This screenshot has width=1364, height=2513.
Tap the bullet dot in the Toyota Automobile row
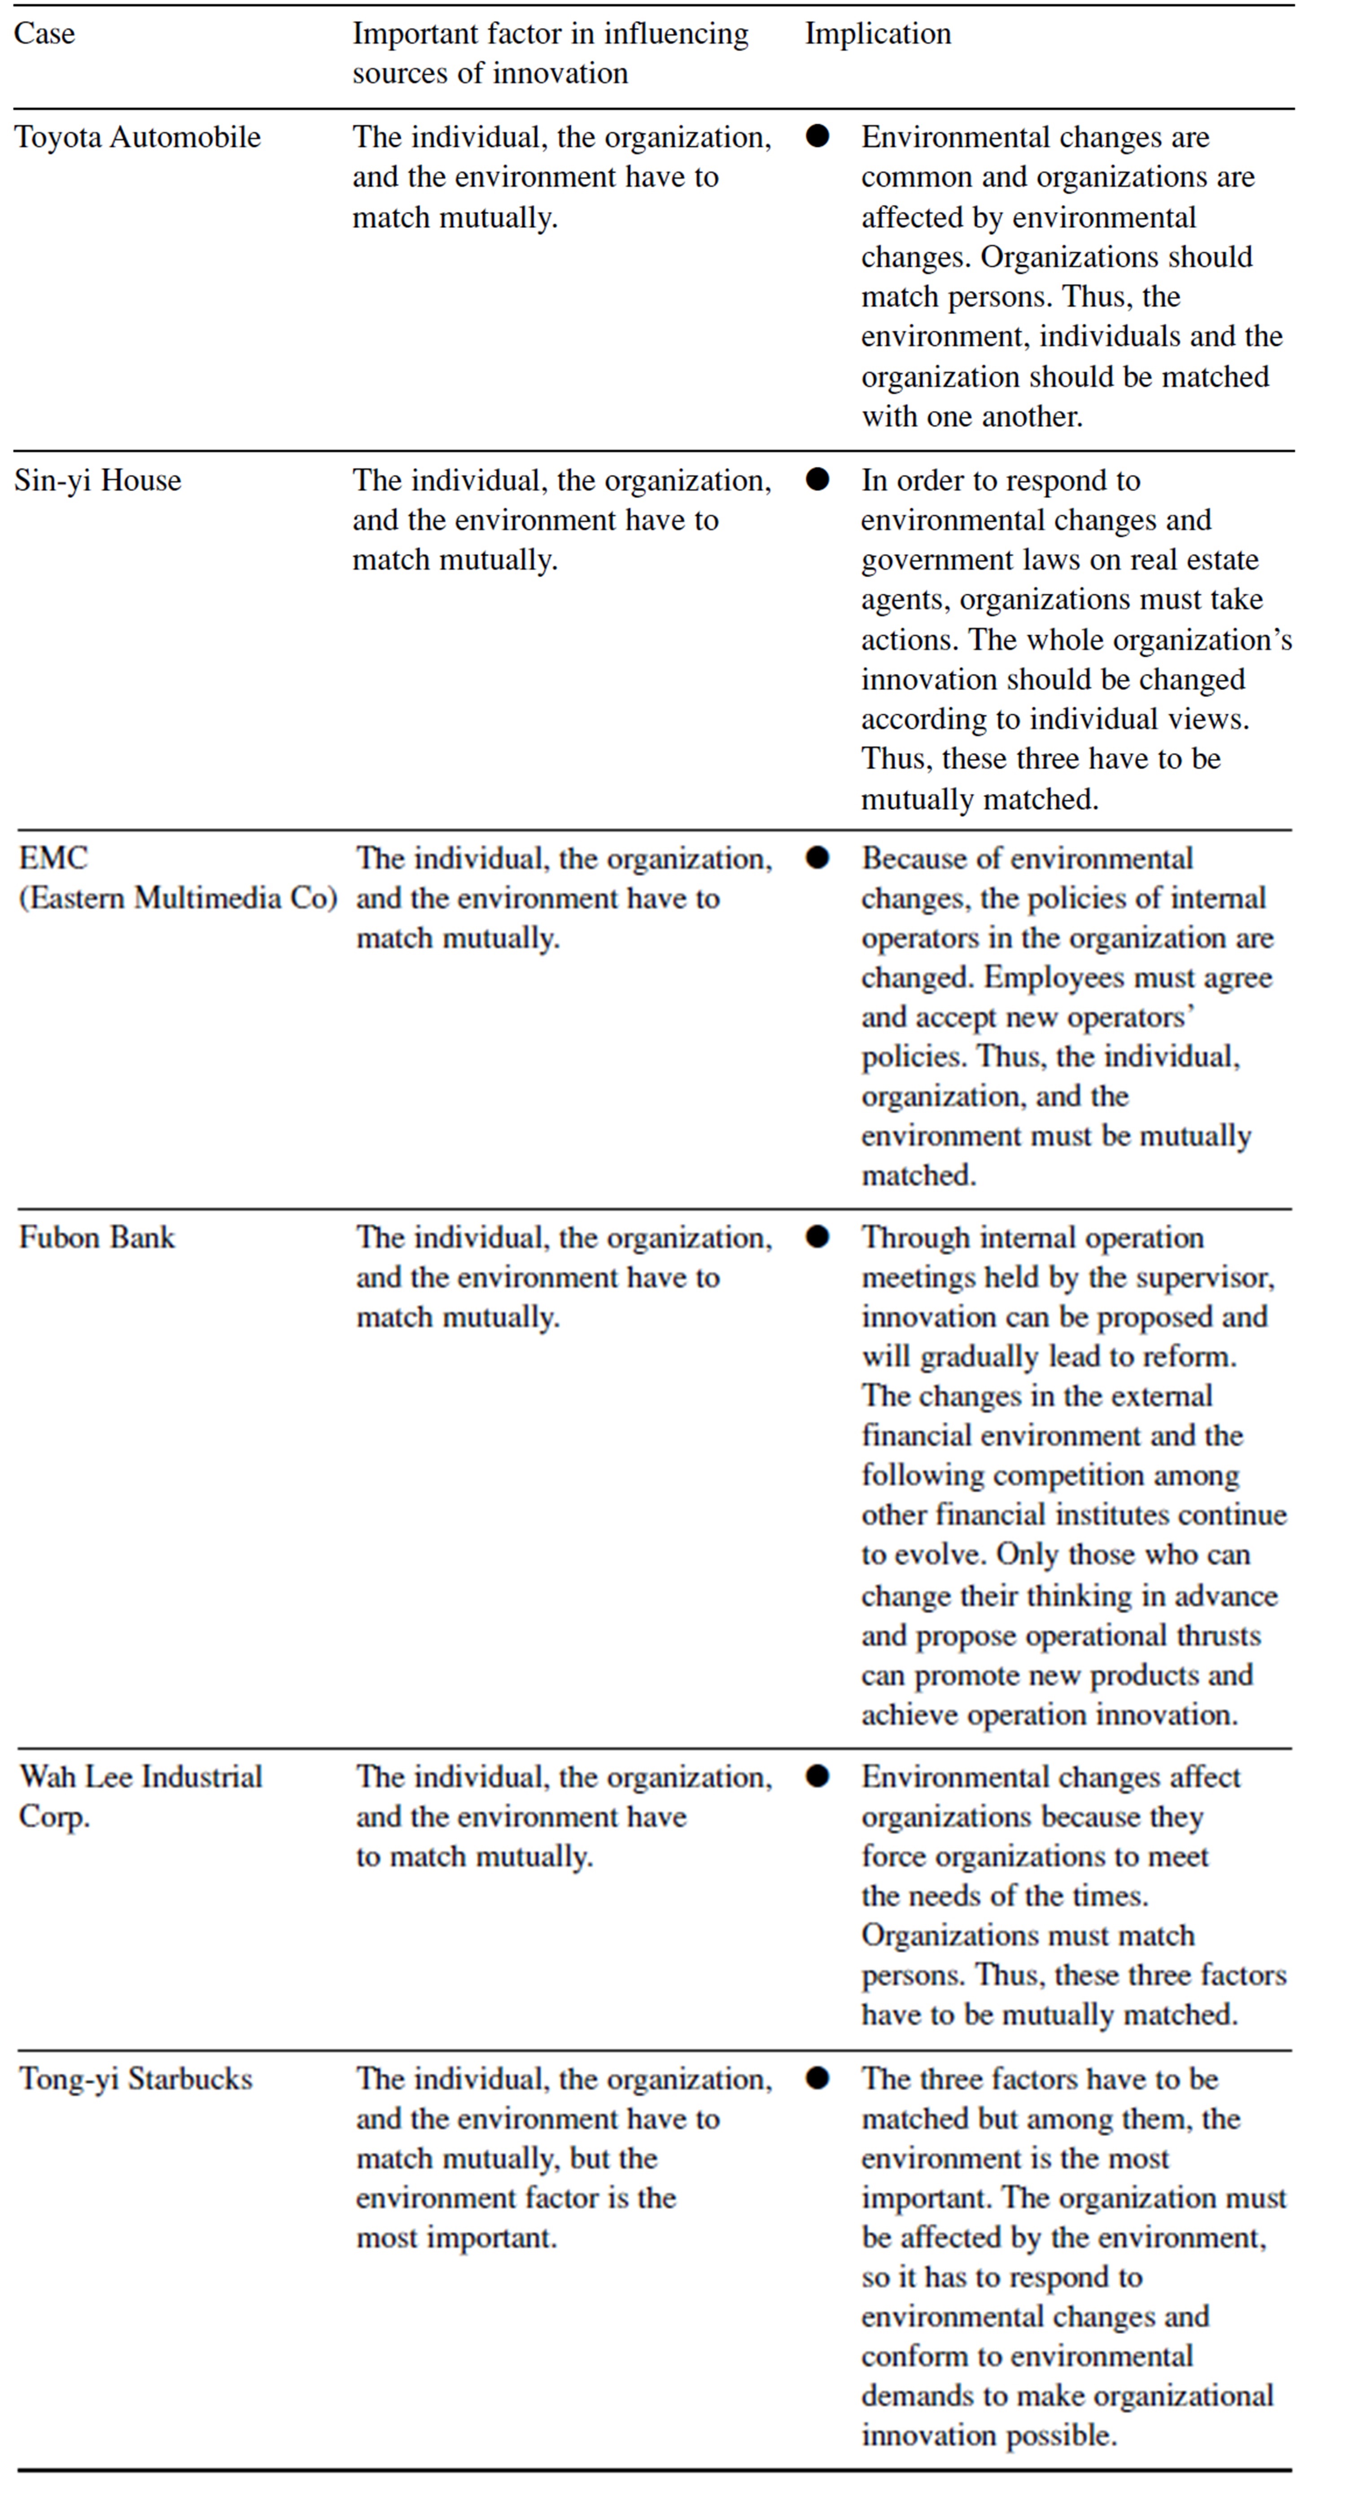[x=818, y=136]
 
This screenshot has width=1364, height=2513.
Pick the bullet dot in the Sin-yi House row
[x=818, y=479]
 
